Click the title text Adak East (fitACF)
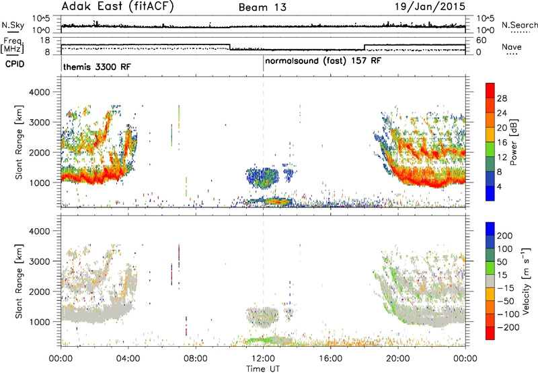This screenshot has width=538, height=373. click(118, 6)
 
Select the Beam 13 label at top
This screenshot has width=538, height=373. click(262, 7)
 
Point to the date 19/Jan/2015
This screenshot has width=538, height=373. click(430, 6)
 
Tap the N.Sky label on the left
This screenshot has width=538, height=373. click(13, 25)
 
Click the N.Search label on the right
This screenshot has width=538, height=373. click(519, 25)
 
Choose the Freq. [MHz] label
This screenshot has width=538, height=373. click(12, 46)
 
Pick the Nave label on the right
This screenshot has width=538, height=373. click(512, 47)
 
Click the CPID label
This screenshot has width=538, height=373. click(15, 64)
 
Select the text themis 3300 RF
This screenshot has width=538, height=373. click(97, 67)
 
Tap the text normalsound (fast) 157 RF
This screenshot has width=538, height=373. click(323, 61)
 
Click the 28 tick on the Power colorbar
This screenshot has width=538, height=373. click(502, 98)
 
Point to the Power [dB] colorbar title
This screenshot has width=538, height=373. click(513, 142)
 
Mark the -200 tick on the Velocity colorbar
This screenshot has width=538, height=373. click(508, 327)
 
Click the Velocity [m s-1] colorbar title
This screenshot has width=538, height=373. click(526, 280)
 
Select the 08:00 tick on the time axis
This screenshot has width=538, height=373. click(196, 359)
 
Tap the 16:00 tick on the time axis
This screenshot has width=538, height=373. click(330, 359)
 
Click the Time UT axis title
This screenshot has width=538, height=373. click(263, 369)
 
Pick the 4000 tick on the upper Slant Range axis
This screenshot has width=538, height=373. click(40, 92)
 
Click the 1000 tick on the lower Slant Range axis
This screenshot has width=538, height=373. click(40, 322)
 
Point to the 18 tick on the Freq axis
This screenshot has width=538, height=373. click(45, 40)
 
